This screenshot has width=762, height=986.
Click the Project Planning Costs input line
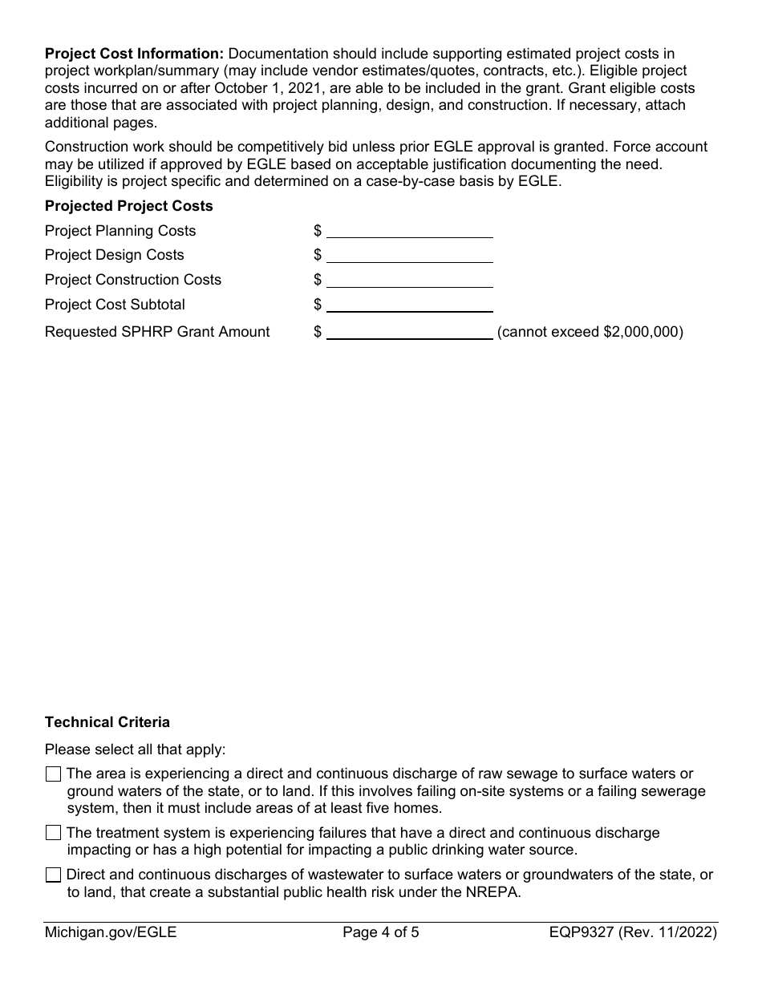(409, 231)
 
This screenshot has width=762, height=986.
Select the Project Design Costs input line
(409, 256)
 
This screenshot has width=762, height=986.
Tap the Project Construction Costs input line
(409, 281)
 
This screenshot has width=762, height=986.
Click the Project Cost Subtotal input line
(409, 305)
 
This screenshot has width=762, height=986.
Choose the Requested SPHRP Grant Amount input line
(409, 333)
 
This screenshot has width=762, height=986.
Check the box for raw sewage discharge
(53, 774)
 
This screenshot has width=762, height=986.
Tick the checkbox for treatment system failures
(53, 834)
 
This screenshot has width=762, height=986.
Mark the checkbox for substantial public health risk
(53, 875)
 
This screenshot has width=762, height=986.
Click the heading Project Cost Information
(134, 54)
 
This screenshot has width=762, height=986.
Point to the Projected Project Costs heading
(129, 206)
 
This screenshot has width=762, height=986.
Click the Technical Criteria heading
(107, 722)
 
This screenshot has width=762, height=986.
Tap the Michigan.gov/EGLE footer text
(111, 932)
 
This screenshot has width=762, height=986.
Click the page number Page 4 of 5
(381, 932)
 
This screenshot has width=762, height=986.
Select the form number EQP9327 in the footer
(583, 932)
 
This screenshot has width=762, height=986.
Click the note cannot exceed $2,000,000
(590, 332)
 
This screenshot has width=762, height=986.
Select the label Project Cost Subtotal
(115, 305)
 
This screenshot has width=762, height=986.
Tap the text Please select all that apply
(136, 750)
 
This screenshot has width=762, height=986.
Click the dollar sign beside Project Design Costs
(318, 255)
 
